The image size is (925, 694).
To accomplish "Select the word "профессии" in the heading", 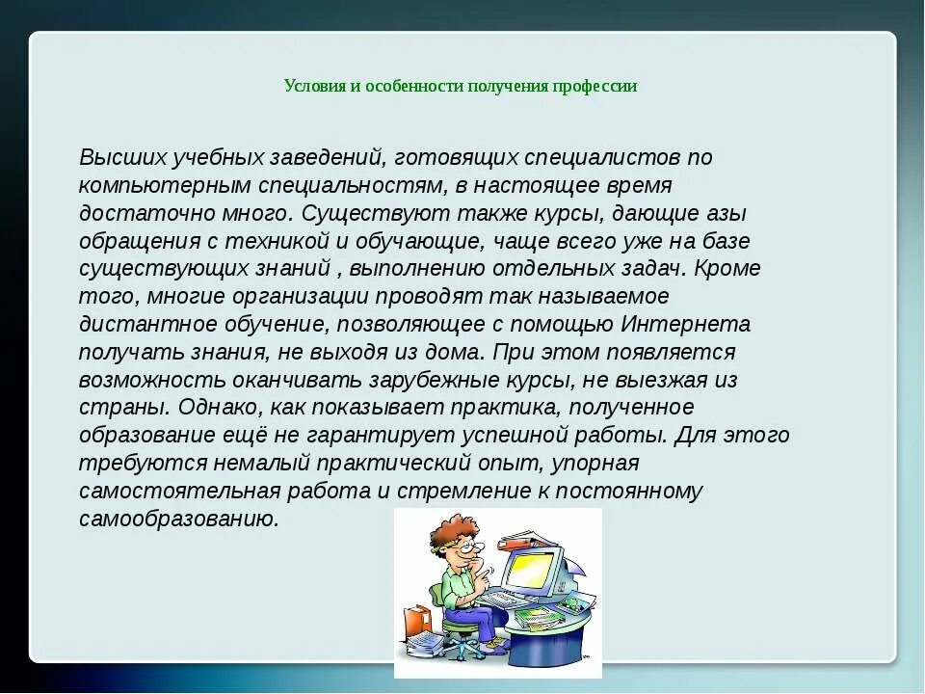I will (x=594, y=86).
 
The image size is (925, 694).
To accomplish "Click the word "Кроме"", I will (x=727, y=268).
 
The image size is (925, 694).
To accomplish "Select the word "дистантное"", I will (x=134, y=324).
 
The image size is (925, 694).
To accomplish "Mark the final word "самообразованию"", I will (x=179, y=520).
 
